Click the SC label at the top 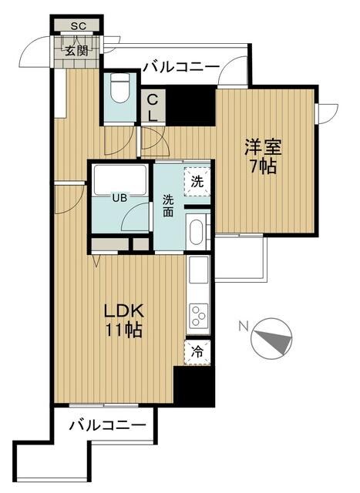click(77, 26)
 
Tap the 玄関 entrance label click(76, 52)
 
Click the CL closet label click(153, 107)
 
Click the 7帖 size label click(261, 167)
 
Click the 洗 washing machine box click(197, 183)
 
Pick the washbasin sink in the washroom click(197, 231)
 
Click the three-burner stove click(197, 316)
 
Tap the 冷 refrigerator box click(197, 351)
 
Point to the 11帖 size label click(123, 332)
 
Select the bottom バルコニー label click(106, 425)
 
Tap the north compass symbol click(275, 338)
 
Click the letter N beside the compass click(243, 326)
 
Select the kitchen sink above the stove click(197, 270)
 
